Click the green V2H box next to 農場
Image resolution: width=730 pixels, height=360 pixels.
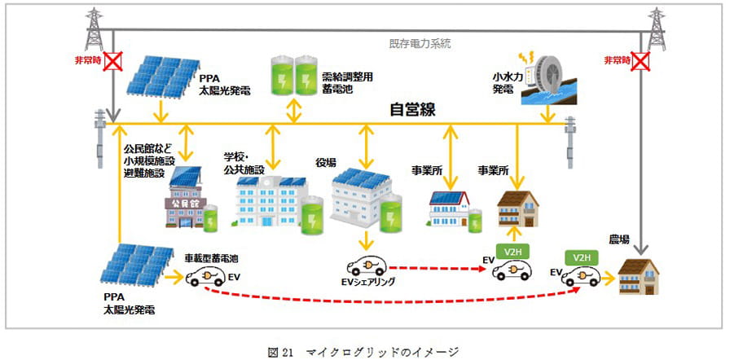(x=581, y=257)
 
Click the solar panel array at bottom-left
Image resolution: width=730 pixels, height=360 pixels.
(x=134, y=266)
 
